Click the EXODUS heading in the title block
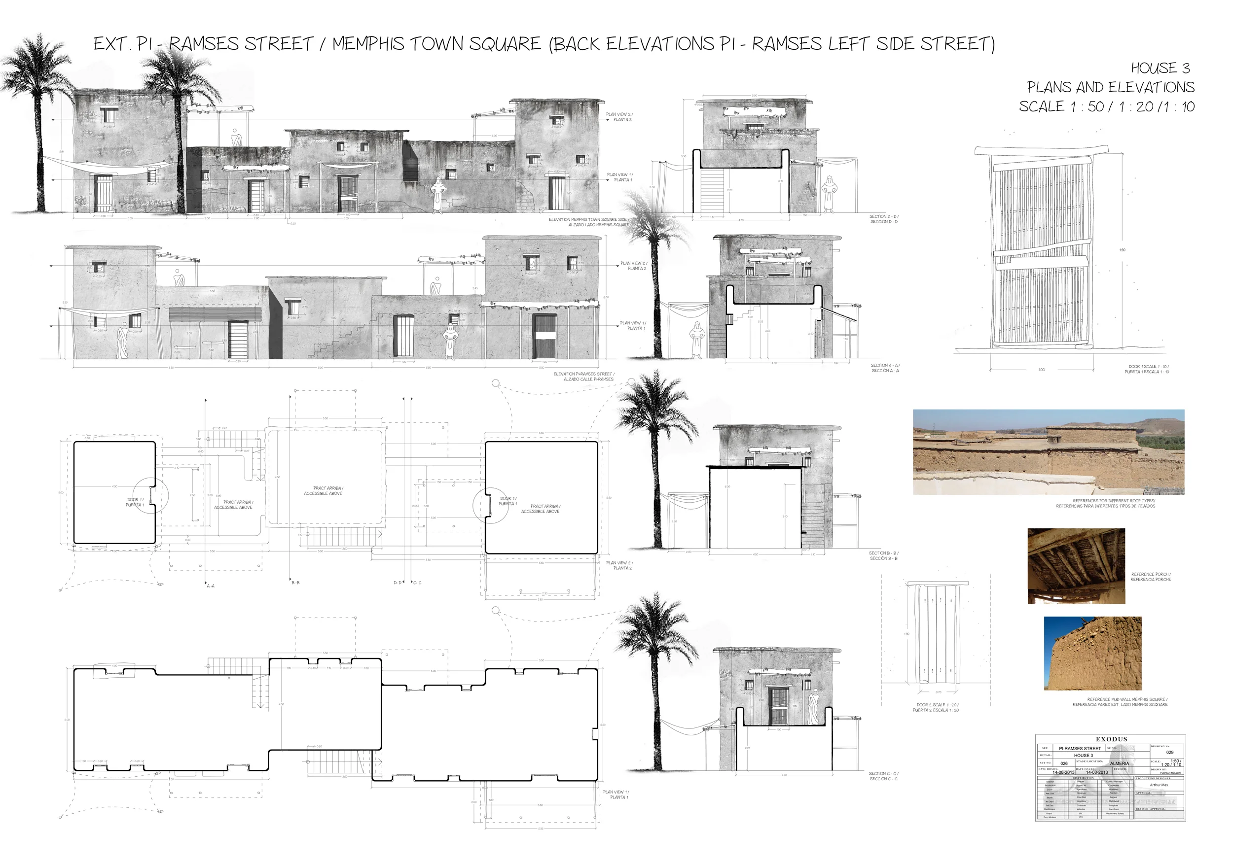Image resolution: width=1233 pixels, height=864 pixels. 1111,739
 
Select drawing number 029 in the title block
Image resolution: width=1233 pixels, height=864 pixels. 1170,753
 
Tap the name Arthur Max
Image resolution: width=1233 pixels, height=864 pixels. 1159,785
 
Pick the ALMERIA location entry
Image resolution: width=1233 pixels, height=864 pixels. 1119,763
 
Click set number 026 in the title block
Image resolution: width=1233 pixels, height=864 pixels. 1064,763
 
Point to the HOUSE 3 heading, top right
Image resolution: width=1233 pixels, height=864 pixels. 1160,68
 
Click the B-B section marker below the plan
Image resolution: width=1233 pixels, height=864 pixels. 295,582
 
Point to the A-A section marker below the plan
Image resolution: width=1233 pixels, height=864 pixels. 211,586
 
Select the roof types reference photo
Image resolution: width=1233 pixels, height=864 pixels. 1048,452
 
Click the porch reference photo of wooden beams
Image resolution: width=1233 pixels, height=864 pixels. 1076,566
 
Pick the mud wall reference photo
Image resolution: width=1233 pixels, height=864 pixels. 1092,653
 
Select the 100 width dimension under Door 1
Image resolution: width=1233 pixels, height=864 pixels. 1041,370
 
